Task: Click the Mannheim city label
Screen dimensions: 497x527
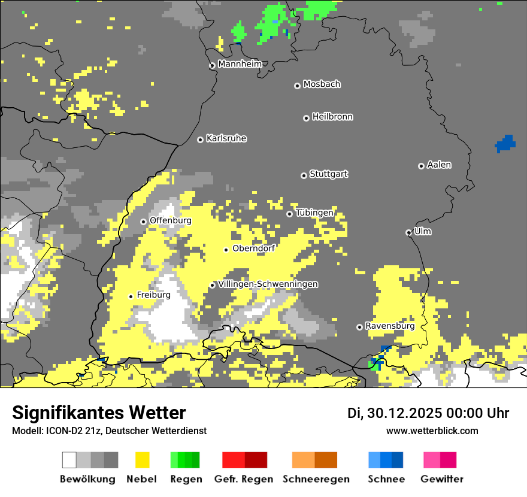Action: tap(240, 64)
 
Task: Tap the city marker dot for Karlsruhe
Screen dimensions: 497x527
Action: tap(200, 140)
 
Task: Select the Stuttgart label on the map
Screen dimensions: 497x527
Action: tap(328, 174)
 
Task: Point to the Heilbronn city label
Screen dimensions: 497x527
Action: tap(332, 117)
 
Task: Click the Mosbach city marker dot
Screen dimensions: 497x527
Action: tap(297, 86)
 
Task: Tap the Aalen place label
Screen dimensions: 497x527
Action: tap(439, 165)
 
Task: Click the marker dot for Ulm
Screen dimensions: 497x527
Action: tap(408, 232)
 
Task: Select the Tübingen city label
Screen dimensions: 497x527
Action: tap(314, 213)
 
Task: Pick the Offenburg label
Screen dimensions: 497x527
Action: tap(170, 220)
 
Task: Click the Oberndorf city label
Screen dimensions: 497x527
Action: tap(253, 248)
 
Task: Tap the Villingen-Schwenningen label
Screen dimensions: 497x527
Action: tap(268, 284)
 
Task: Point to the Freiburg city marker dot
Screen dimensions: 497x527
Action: tap(131, 296)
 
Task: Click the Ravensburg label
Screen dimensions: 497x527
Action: tap(390, 326)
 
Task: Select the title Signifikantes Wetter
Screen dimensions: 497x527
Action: tap(99, 413)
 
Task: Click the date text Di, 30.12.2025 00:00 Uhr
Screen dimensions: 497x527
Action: tap(428, 413)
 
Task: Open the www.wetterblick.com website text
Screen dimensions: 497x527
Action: tap(432, 431)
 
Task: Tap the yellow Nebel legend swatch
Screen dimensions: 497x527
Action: tap(143, 460)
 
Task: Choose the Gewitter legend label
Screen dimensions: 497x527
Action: tap(442, 479)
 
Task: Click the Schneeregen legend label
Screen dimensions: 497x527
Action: tap(316, 479)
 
